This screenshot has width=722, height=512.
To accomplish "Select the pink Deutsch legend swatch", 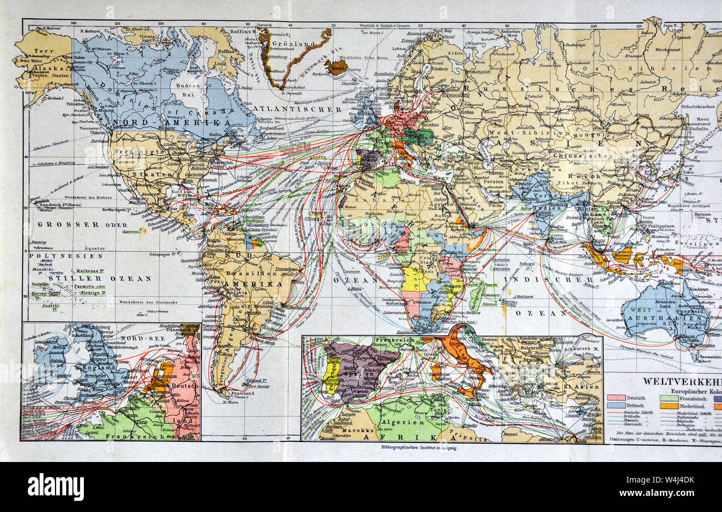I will pyautogui.click(x=615, y=397).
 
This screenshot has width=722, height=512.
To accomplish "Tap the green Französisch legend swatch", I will pyautogui.click(x=668, y=397).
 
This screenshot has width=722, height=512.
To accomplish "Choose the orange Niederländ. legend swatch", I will pyautogui.click(x=668, y=406).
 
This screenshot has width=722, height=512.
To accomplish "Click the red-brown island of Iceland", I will pyautogui.click(x=336, y=68).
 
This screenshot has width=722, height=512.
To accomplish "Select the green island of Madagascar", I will pyautogui.click(x=476, y=296).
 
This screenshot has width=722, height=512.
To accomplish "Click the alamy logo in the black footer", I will pyautogui.click(x=56, y=486).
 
